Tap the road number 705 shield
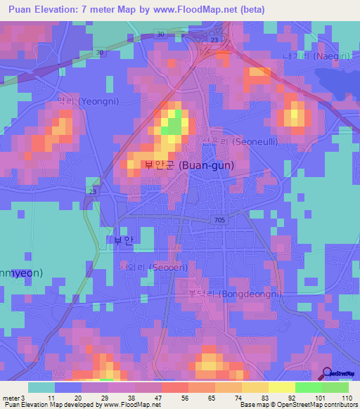pyautogui.click(x=220, y=220)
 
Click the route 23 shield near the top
pyautogui.click(x=214, y=40)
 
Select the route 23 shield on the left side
pyautogui.click(x=93, y=190)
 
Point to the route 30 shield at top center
pyautogui.click(x=161, y=34)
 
